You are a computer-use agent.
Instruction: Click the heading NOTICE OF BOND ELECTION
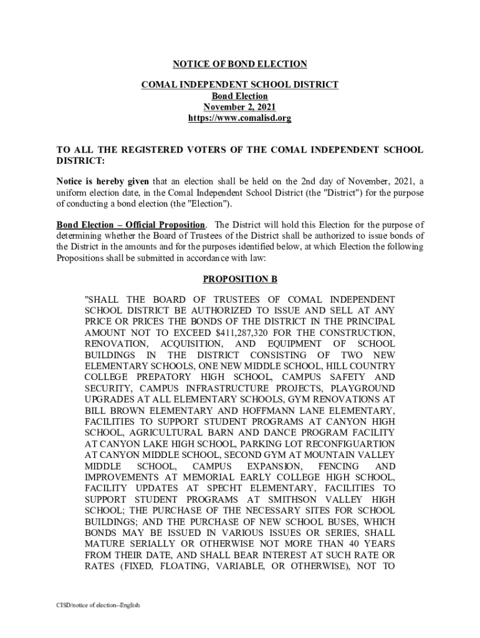[x=239, y=64]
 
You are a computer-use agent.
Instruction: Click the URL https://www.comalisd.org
[x=239, y=118]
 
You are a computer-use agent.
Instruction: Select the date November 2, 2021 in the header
[x=239, y=107]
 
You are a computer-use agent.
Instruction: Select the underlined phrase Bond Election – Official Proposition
[x=130, y=225]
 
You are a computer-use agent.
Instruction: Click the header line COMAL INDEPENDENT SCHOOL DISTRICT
[x=239, y=85]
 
